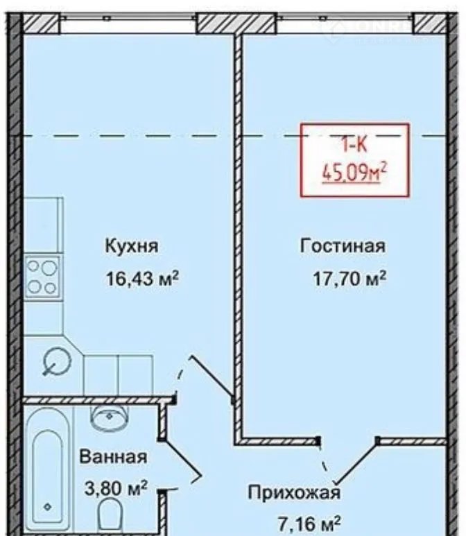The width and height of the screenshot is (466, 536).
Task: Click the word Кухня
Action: (x=132, y=246)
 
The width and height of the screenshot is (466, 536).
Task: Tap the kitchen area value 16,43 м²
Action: (x=143, y=278)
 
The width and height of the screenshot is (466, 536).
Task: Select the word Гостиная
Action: (x=343, y=245)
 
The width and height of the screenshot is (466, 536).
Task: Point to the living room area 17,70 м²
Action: (x=349, y=278)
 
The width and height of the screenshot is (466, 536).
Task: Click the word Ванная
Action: (x=113, y=457)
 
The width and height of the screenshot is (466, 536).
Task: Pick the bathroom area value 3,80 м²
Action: (x=116, y=488)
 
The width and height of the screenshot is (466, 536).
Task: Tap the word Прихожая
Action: (x=294, y=493)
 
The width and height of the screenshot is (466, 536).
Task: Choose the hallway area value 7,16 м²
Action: (x=309, y=525)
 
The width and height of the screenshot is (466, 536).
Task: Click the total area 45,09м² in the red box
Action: (x=354, y=173)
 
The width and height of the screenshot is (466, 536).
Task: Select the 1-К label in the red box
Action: (x=354, y=145)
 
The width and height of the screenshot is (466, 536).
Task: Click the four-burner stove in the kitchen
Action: (x=43, y=277)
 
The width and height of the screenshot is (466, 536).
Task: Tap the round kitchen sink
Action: (x=56, y=361)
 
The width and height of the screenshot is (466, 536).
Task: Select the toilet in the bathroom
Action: (x=110, y=517)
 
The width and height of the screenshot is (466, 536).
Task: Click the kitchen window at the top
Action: (x=128, y=24)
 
